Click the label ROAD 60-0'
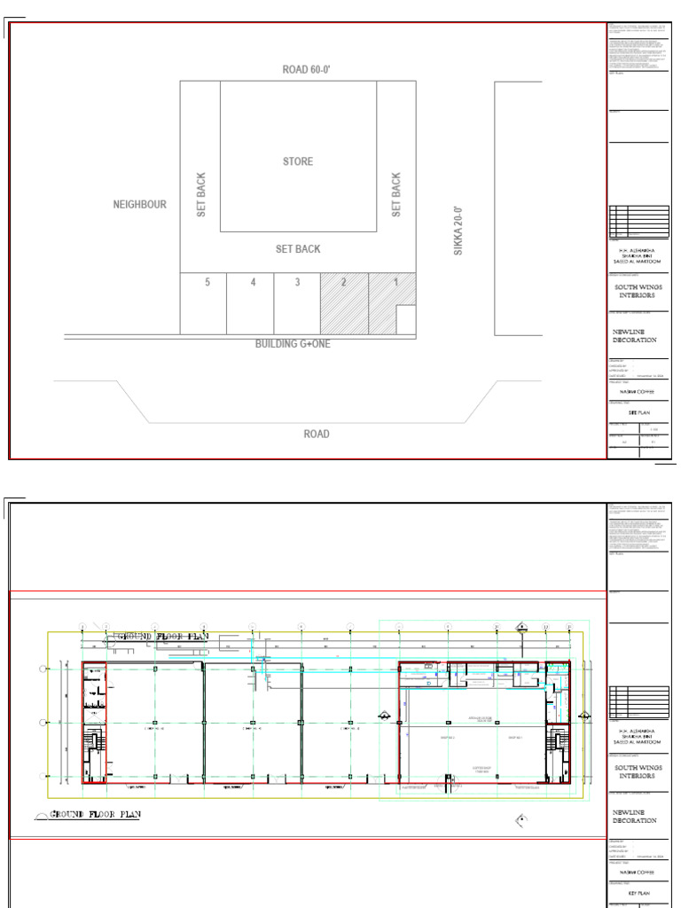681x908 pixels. click(298, 69)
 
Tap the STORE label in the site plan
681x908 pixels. click(298, 161)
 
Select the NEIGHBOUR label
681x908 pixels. click(139, 205)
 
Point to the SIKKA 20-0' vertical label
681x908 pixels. click(459, 231)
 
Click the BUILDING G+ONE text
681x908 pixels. click(293, 344)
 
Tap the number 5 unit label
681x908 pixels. click(207, 282)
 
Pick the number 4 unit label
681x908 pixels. click(253, 282)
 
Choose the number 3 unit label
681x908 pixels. click(298, 282)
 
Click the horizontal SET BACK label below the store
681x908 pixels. click(298, 249)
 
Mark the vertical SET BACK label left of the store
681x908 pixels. click(201, 194)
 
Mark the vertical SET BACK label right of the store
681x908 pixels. click(396, 194)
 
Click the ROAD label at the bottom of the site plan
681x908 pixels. click(317, 434)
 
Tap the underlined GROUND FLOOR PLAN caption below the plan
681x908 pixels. click(95, 814)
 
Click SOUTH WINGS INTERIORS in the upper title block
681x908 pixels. click(638, 292)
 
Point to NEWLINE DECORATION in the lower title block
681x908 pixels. click(635, 816)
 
